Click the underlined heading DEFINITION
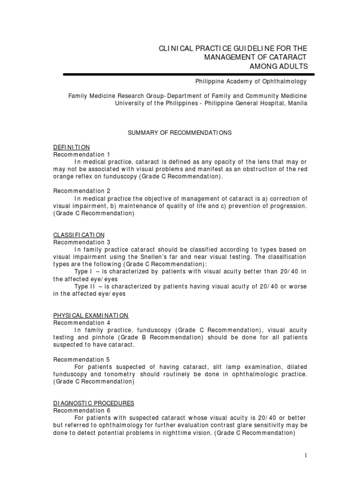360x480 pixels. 71,147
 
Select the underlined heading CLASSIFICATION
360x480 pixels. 79,235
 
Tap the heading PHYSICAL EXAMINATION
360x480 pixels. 91,315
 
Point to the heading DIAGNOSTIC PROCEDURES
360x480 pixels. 94,403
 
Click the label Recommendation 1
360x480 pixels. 82,154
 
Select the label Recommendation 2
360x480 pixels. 82,191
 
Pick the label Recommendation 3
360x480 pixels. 82,242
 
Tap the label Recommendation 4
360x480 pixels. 82,323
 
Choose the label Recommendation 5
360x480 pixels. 82,360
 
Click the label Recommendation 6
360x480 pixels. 82,411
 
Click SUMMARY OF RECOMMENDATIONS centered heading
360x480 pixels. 180,133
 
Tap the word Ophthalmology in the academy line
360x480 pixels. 286,82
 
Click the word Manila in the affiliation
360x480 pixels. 297,103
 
